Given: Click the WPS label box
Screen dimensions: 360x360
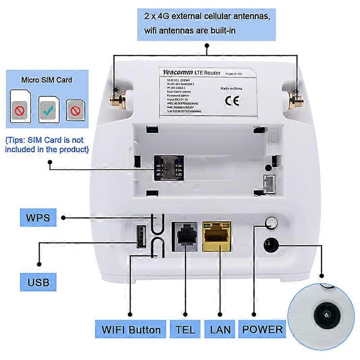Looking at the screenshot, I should point(38,218).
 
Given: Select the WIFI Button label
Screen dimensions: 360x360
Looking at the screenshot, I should point(131,329).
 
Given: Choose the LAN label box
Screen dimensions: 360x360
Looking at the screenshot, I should point(220,329).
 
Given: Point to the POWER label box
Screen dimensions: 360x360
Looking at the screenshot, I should point(263,329).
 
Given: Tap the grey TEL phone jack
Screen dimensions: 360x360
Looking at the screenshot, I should point(185,234).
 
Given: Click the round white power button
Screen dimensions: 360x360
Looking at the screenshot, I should point(271,222).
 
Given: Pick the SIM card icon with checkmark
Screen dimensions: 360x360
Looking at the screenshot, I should point(49,108).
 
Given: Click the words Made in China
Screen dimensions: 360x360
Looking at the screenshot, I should point(229,89).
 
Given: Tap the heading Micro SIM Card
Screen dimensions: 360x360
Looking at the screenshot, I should point(47,80).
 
